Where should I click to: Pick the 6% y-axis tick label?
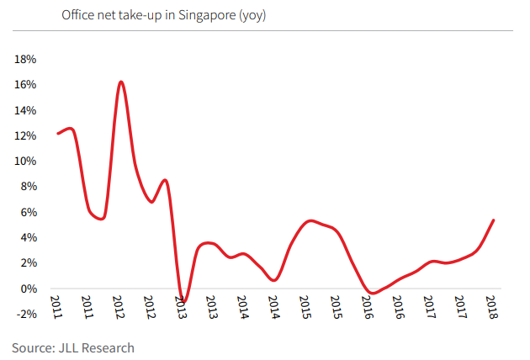point(26,213)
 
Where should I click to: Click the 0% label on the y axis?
point(26,289)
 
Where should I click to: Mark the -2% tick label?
point(24,315)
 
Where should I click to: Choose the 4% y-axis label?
point(26,238)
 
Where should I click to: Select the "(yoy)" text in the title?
point(253,16)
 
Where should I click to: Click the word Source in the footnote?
point(33,347)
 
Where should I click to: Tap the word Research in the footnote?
point(110,347)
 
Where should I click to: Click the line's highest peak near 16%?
point(121,82)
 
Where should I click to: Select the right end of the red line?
point(493,220)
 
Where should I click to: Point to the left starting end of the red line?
point(57,133)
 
